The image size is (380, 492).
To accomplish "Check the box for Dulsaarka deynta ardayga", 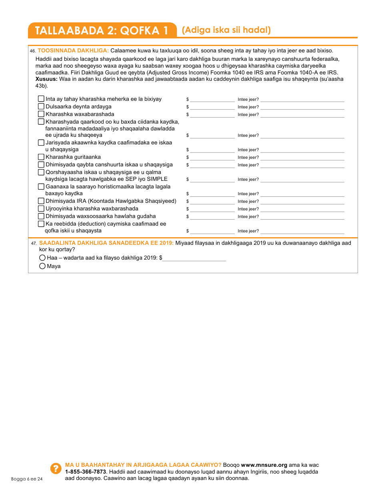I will point(41,106).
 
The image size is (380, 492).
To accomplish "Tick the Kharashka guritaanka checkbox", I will point(41,157).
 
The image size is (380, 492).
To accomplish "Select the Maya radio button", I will point(42,266).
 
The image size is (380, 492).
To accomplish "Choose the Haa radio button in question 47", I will point(42,258).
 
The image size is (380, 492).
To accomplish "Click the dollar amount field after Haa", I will point(194,258).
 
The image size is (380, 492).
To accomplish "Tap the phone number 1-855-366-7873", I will point(85,472).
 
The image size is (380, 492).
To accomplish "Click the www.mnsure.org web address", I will point(264,465).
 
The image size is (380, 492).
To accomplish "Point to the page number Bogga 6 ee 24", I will point(27,479).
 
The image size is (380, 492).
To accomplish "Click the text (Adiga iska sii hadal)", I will point(226,30).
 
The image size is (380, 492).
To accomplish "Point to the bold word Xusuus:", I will point(46,79).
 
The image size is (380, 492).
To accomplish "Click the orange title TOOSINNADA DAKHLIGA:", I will point(73,50).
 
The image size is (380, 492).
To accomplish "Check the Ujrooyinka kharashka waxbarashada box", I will point(41,208).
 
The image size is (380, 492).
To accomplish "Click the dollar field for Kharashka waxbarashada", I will point(212,114).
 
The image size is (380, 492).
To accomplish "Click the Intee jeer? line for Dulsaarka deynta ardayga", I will point(302,107).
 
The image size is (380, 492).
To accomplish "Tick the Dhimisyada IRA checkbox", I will point(41,201).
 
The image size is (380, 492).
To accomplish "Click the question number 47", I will point(34,243).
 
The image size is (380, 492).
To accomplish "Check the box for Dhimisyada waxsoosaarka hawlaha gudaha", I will point(41,216).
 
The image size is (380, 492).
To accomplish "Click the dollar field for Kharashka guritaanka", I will point(212,157).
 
